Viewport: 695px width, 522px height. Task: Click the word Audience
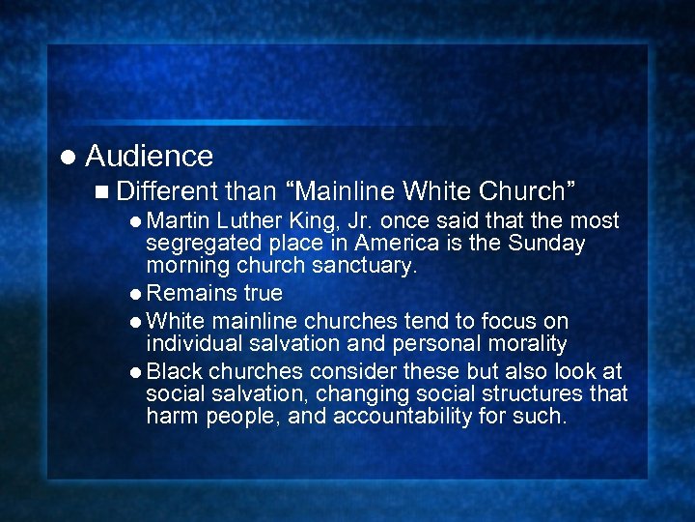tap(150, 156)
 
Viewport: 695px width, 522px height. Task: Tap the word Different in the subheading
tap(170, 190)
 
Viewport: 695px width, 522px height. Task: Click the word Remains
tap(188, 293)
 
